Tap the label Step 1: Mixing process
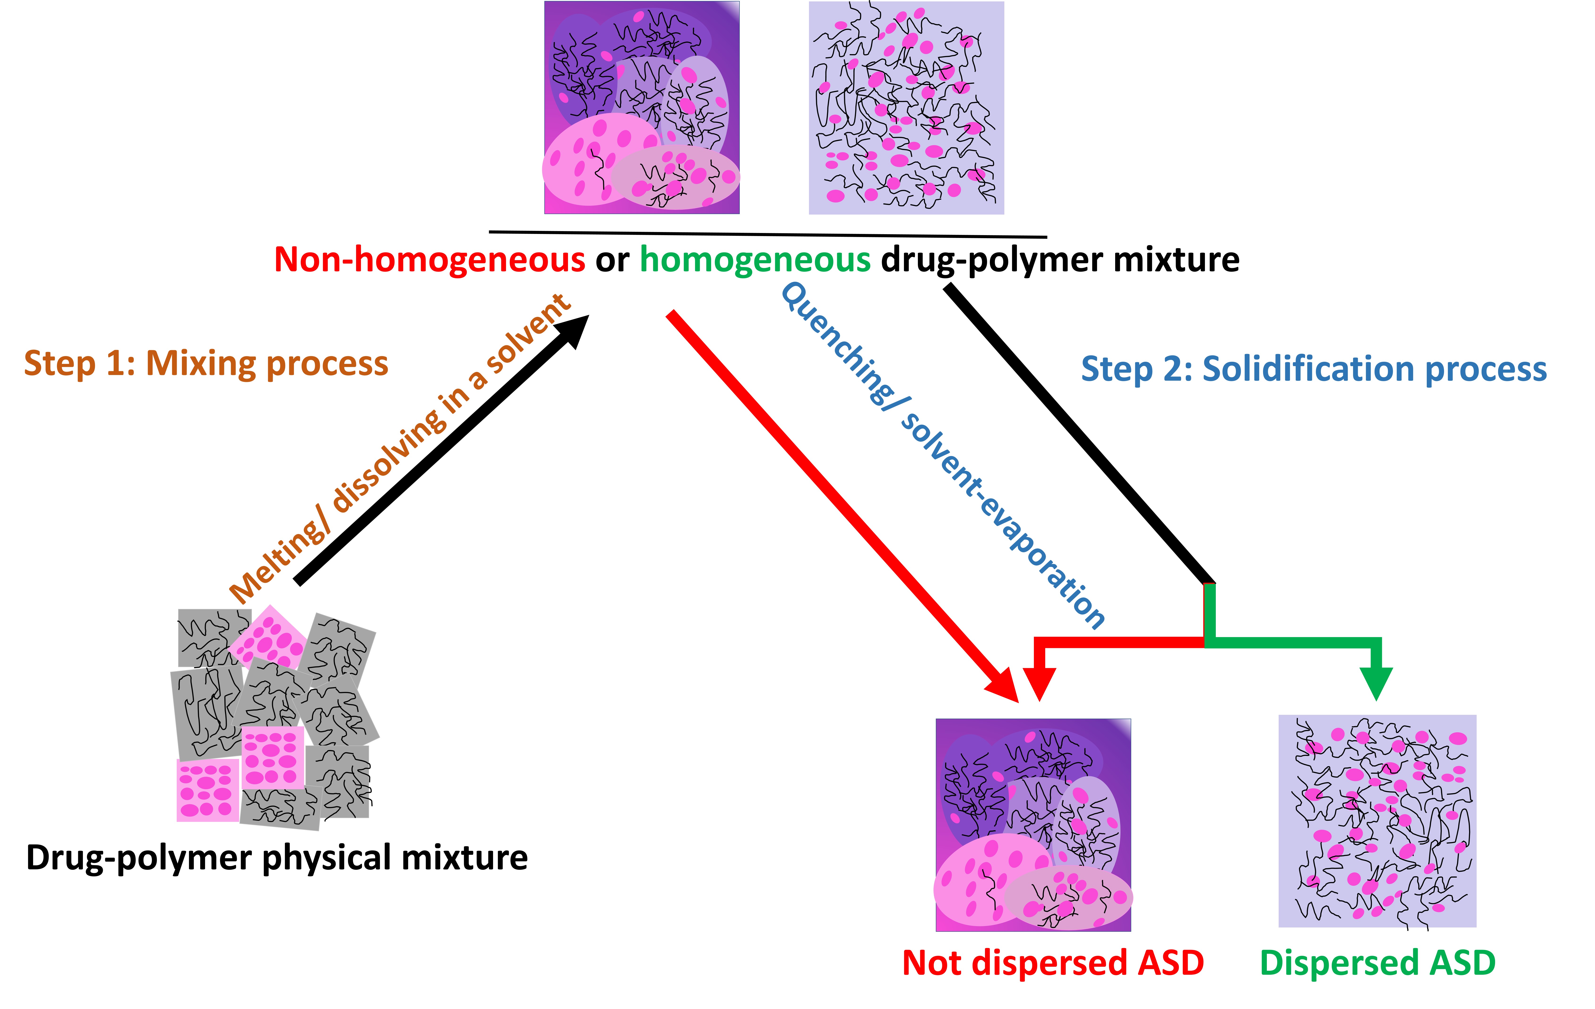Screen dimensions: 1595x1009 [x=206, y=364]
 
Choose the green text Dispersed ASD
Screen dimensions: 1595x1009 [x=1378, y=963]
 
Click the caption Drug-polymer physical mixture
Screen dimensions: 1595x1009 [x=277, y=858]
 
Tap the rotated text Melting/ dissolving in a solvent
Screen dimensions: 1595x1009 [x=400, y=448]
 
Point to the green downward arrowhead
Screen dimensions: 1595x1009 [x=1376, y=682]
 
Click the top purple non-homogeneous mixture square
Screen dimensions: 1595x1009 [x=642, y=107]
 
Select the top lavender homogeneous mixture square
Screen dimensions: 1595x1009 [x=906, y=107]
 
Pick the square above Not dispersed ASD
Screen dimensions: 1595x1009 [x=1033, y=825]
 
